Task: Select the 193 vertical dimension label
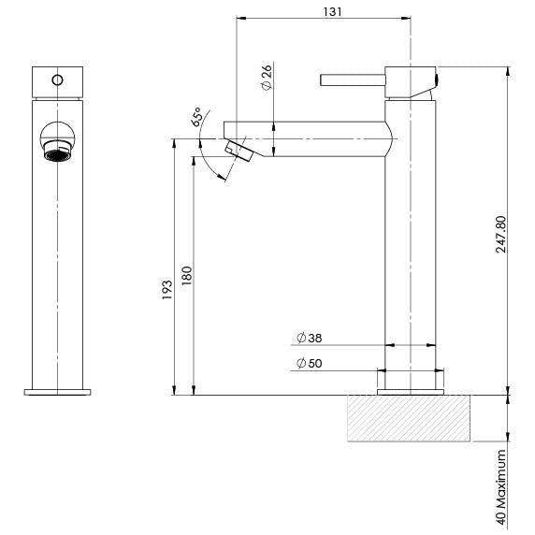pos(167,288)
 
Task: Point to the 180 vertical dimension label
pos(186,276)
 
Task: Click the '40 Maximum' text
pos(502,489)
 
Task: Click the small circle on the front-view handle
pos(58,80)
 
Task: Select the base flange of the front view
pos(58,390)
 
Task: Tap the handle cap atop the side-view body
pos(412,81)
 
